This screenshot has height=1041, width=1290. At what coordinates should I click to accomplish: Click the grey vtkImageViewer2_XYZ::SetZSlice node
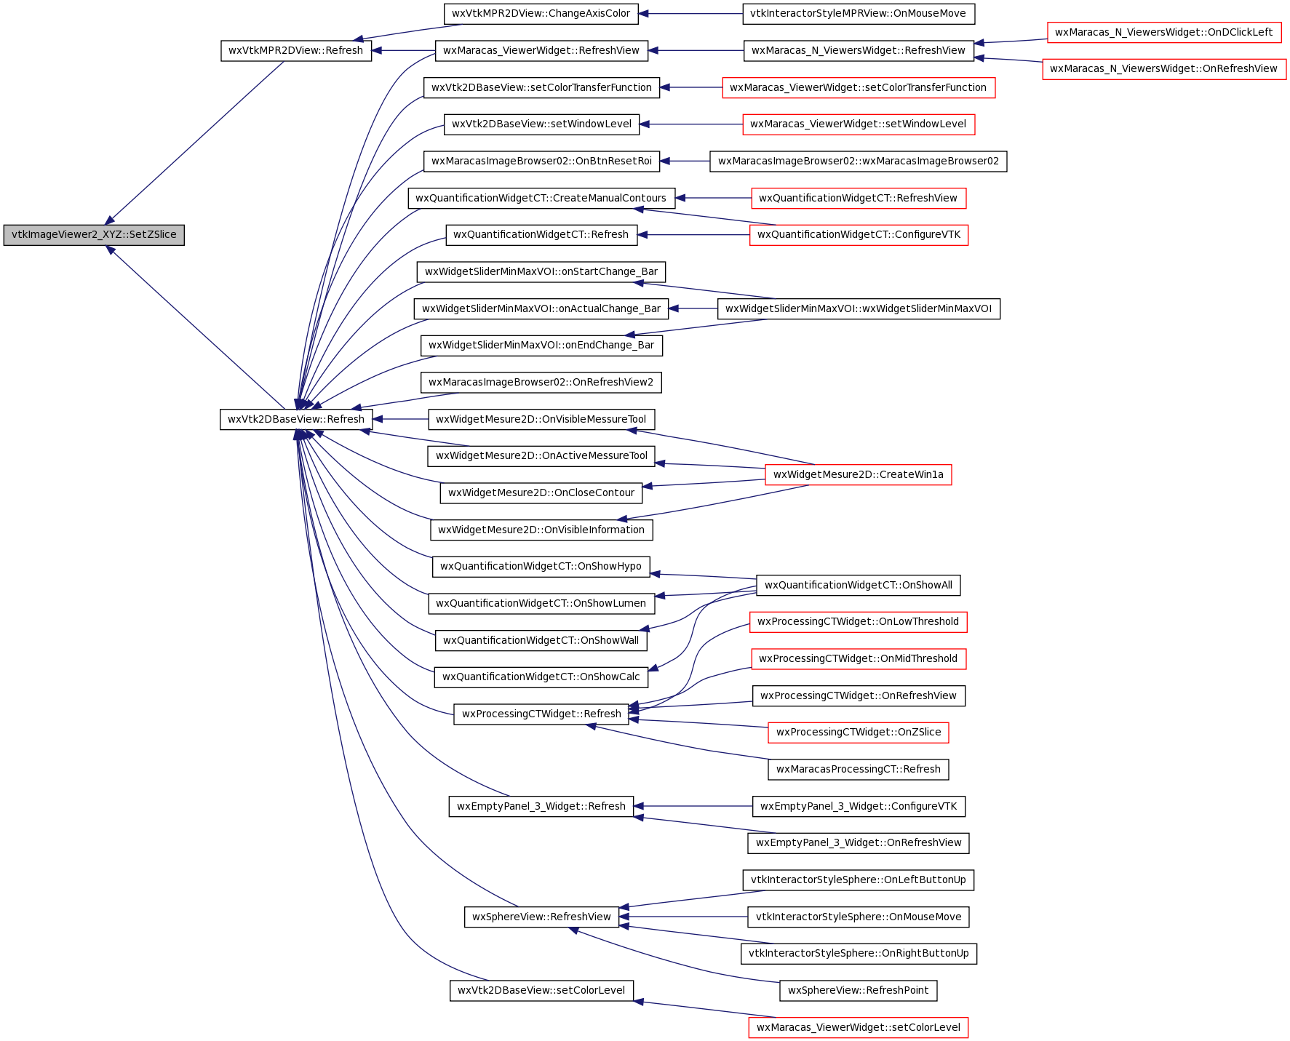pos(94,235)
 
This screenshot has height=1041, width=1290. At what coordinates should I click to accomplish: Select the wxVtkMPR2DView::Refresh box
pos(296,51)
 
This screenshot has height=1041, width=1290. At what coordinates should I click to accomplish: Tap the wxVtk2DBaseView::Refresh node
pos(296,419)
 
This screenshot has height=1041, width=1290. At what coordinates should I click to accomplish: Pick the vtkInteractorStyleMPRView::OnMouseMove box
pos(859,14)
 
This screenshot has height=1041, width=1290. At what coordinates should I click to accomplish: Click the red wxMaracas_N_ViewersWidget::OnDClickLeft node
pos(1164,32)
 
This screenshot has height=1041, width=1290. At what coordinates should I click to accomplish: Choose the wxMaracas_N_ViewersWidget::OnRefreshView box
pos(1164,69)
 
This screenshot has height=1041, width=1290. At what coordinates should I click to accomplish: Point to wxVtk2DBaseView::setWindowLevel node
pos(542,124)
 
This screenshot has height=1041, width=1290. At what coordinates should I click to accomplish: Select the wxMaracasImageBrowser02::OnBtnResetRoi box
pos(542,161)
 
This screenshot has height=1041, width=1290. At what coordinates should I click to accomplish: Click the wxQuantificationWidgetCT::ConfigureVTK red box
pos(859,235)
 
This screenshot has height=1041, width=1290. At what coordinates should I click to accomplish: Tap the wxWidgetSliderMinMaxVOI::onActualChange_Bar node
pos(541,308)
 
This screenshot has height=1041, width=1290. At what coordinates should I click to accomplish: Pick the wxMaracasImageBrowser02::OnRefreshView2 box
pos(541,382)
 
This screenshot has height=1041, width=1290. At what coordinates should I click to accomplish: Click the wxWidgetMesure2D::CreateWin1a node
pos(859,474)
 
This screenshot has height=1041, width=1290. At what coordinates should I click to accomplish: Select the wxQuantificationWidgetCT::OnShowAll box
pos(859,585)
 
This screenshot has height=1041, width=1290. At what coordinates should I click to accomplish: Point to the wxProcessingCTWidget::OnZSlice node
pos(859,733)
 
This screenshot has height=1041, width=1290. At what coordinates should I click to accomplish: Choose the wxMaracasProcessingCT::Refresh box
pos(859,769)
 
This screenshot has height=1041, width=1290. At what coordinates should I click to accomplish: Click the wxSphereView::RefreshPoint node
pos(859,991)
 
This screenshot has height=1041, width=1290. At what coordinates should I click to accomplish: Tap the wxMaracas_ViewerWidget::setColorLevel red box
pos(859,1027)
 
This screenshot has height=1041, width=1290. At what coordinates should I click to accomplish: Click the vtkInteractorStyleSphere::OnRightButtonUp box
pos(859,954)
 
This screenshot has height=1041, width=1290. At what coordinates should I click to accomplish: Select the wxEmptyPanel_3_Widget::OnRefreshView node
pos(859,843)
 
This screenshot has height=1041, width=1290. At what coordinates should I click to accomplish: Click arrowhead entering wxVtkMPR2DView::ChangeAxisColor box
pos(644,14)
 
